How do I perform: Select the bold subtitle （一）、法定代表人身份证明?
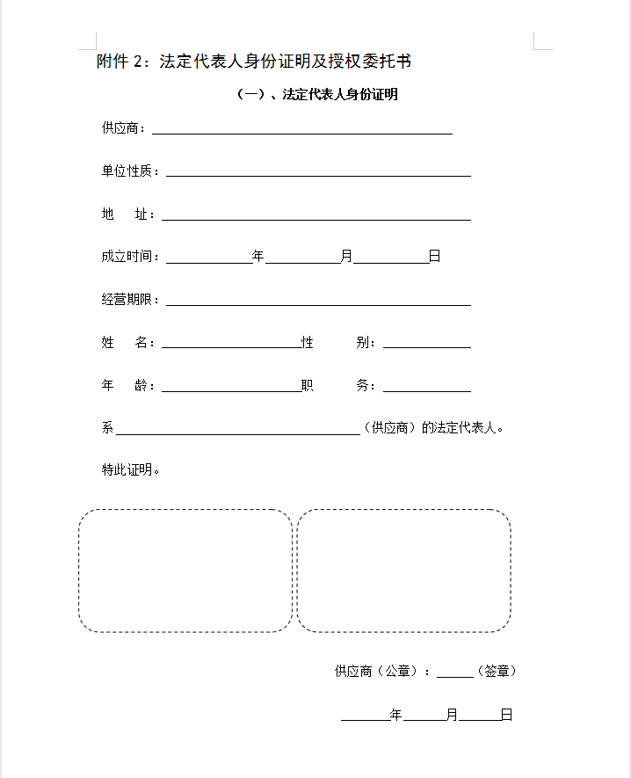tap(318, 95)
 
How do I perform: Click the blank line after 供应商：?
tap(302, 129)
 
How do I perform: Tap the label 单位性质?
tap(130, 171)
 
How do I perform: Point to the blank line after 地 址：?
tap(315, 215)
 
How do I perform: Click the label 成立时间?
tap(130, 257)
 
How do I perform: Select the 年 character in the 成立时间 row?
tap(258, 257)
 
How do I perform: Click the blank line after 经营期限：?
tap(318, 301)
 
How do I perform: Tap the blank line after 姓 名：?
tap(231, 344)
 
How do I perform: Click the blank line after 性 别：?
tap(426, 344)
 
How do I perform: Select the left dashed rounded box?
tap(185, 571)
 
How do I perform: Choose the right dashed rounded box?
tap(403, 571)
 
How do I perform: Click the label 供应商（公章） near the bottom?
tap(379, 672)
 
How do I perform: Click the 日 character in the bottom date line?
tap(506, 716)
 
